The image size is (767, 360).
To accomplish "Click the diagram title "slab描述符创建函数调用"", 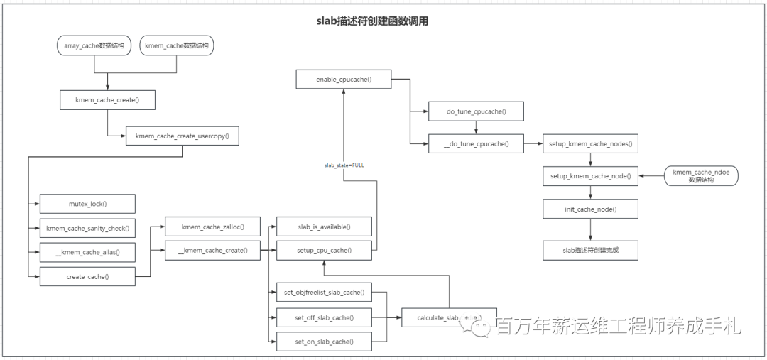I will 372,21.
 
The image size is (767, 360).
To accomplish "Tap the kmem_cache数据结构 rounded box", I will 177,45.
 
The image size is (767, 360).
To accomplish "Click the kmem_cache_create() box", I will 107,100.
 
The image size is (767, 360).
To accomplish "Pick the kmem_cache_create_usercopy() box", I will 183,136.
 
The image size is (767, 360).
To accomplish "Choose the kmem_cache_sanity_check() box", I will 87,228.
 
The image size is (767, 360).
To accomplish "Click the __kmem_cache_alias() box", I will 87,252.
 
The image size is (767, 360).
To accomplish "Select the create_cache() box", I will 87,276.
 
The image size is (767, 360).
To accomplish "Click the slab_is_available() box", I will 324,227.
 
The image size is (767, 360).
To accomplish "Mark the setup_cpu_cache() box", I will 324,250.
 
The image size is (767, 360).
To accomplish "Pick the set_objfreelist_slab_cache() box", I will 324,293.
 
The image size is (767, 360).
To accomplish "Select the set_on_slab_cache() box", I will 324,342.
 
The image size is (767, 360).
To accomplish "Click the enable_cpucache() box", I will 344,80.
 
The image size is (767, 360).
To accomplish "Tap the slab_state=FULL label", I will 344,165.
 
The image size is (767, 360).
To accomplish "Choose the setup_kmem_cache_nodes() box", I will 590,144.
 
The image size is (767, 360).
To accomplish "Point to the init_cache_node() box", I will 590,209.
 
